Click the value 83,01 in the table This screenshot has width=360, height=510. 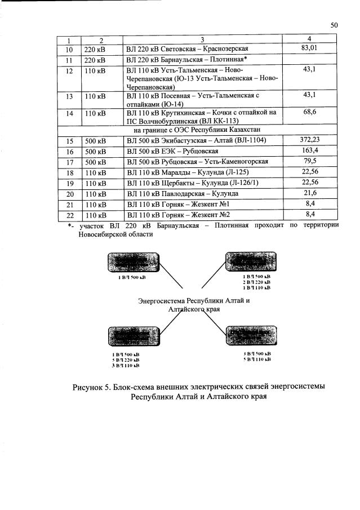tap(309, 48)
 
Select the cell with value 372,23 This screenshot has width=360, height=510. tap(309, 140)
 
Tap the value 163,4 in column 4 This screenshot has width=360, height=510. tap(309, 150)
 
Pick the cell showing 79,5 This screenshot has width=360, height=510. tap(309, 161)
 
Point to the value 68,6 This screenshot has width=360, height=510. tap(309, 113)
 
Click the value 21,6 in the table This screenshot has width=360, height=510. tap(309, 193)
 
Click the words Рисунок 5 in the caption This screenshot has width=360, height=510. tap(91, 387)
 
